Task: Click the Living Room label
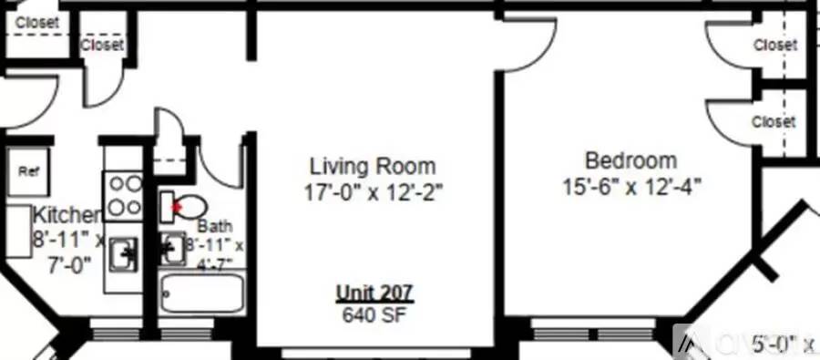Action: tap(373, 167)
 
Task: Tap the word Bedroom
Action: tap(630, 161)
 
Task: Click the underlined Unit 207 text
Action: tap(374, 293)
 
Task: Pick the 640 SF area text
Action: tap(374, 315)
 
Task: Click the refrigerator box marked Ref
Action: tap(28, 170)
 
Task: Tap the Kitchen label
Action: tap(67, 216)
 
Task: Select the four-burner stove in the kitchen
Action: tap(124, 194)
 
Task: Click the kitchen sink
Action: tap(123, 256)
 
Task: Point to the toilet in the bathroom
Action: tap(185, 205)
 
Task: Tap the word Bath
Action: tap(215, 226)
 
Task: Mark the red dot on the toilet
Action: tap(178, 208)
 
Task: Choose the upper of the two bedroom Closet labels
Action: tap(774, 45)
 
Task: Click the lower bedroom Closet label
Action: tap(774, 121)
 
